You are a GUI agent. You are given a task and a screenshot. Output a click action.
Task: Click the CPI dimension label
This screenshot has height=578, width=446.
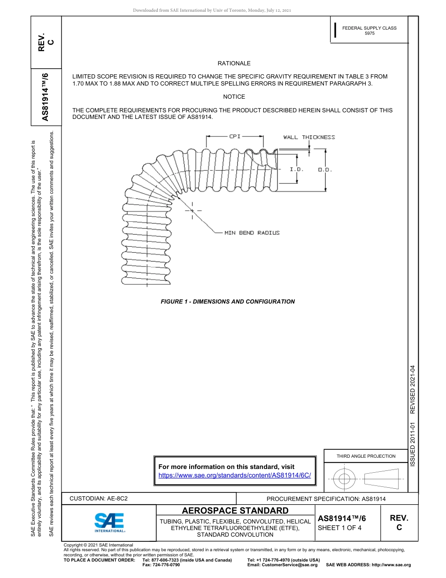click(235, 136)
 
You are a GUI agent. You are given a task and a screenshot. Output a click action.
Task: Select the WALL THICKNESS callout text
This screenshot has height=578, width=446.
click(309, 137)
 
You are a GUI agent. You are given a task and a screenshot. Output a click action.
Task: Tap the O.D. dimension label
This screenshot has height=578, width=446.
click(325, 170)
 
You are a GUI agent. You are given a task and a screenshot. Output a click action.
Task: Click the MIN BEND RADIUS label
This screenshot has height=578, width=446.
click(252, 233)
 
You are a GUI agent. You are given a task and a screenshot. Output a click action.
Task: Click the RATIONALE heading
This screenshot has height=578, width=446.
click(234, 63)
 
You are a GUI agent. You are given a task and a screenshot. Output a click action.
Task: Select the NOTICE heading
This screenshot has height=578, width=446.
click(234, 97)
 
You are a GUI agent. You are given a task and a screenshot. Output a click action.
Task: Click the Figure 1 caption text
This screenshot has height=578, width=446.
click(228, 302)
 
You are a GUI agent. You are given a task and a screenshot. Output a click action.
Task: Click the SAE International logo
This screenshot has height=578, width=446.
click(109, 522)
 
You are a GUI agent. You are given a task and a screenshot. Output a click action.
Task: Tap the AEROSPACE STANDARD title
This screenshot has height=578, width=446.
click(235, 511)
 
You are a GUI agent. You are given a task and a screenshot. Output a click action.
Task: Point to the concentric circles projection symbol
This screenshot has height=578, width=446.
click(345, 479)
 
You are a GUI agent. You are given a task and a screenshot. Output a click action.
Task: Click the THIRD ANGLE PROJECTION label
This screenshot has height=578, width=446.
click(366, 456)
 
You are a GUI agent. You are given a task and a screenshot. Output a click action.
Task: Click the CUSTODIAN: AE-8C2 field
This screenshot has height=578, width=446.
click(99, 499)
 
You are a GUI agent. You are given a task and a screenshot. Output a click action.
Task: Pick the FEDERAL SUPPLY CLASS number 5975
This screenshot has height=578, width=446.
click(369, 34)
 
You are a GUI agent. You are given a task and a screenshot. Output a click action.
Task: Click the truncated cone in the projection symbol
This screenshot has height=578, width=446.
click(381, 479)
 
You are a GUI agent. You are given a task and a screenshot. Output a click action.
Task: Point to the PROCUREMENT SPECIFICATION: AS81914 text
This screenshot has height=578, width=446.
click(326, 499)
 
